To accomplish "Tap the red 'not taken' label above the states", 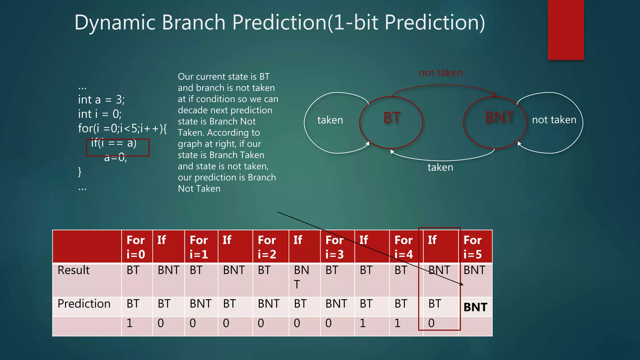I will click(x=441, y=73).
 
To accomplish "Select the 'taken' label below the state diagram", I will click(x=440, y=167).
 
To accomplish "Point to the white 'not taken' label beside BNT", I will click(x=554, y=120).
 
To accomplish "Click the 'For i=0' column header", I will click(x=136, y=247).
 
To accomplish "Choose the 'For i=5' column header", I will click(x=473, y=247).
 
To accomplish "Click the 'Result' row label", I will click(x=74, y=270).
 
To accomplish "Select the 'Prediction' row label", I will click(x=84, y=304).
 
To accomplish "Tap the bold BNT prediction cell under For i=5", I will click(x=475, y=307).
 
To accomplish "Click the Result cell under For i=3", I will click(x=332, y=270).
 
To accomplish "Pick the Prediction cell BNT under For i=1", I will click(x=200, y=304).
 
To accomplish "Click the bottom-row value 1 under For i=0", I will click(x=130, y=323).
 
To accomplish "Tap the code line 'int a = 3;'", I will click(x=101, y=100).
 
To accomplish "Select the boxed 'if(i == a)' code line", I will click(x=114, y=143).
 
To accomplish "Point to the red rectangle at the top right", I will click(x=566, y=30).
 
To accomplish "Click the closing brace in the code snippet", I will click(x=80, y=172).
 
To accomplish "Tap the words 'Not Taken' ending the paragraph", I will click(x=199, y=189).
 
